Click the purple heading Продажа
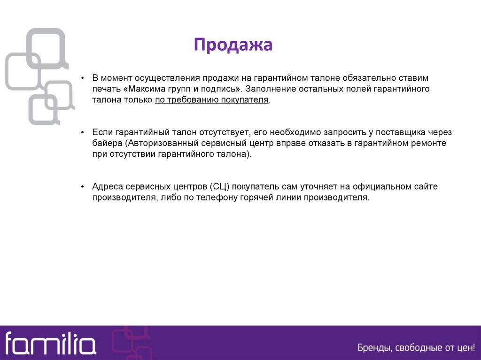[233, 45]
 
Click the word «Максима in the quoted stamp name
[141, 89]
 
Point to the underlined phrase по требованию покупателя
[211, 100]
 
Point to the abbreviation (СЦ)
[218, 186]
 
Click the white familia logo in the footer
[50, 344]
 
